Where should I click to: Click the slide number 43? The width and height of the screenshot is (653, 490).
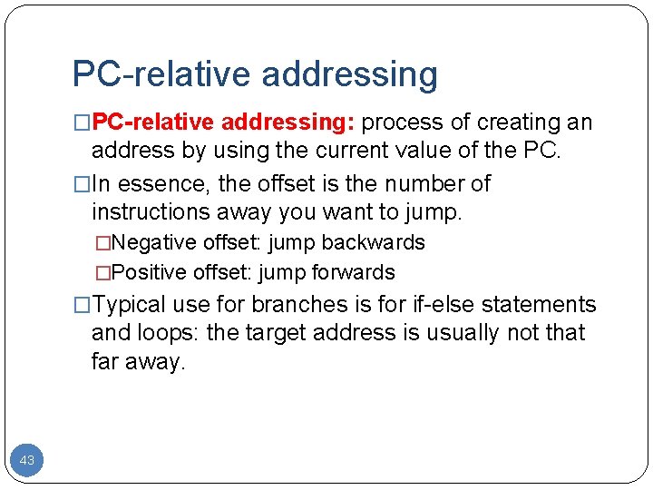(x=27, y=460)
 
